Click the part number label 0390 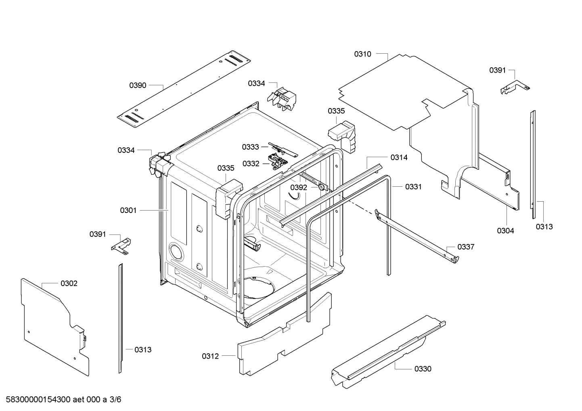(138, 86)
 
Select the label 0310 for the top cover (362, 54)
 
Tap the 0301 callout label (128, 210)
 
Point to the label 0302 (69, 284)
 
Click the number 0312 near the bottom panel (210, 356)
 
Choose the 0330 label (423, 369)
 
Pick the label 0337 (466, 247)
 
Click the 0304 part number (505, 231)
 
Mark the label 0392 (299, 188)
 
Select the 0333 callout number (251, 147)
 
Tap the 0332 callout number (251, 163)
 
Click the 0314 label (399, 158)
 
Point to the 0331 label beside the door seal (413, 187)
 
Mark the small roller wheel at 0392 (321, 187)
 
